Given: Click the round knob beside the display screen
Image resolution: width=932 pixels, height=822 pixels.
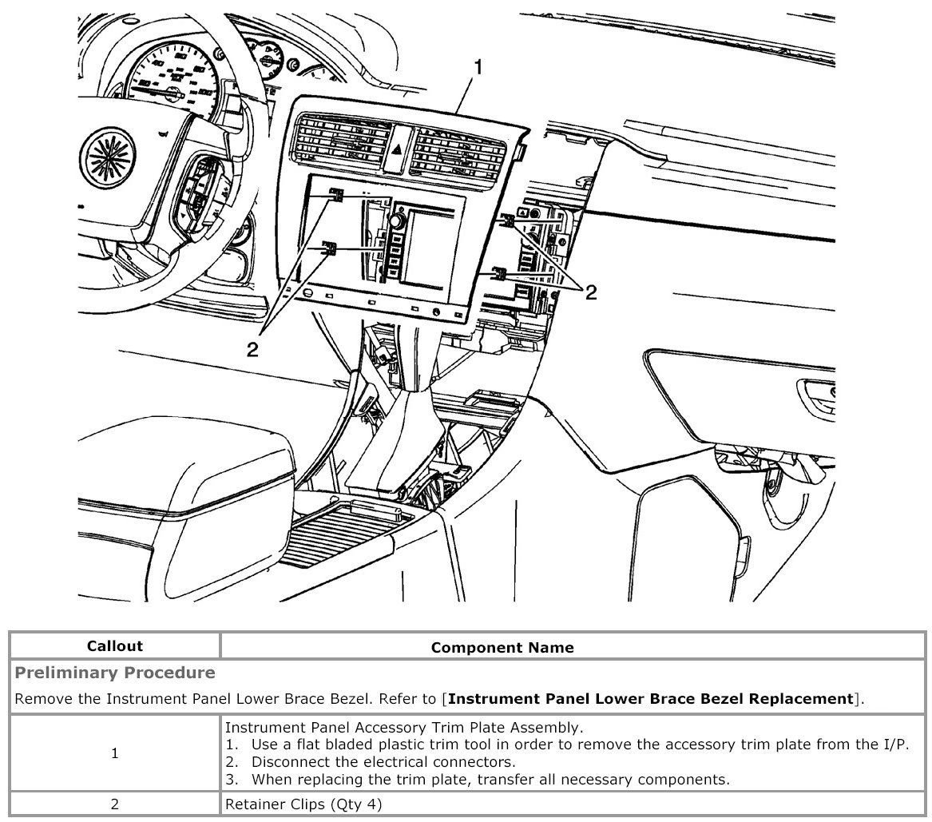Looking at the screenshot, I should [395, 220].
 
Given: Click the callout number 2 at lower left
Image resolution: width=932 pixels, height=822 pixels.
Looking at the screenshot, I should [252, 349].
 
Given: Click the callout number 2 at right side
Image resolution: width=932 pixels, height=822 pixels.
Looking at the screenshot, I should [591, 292].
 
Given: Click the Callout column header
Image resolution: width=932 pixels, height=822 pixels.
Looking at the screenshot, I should [115, 646].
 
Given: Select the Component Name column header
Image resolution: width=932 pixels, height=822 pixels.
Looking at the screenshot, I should [502, 647].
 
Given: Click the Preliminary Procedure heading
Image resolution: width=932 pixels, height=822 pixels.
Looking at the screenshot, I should [115, 673].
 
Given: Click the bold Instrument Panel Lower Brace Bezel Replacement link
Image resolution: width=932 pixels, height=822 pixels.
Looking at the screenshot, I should [651, 699].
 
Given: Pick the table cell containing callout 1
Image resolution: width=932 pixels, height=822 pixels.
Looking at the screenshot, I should [115, 753].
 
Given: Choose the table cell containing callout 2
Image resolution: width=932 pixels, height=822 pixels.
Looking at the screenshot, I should [115, 804].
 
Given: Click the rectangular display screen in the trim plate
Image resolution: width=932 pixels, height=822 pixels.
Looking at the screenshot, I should [427, 248].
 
